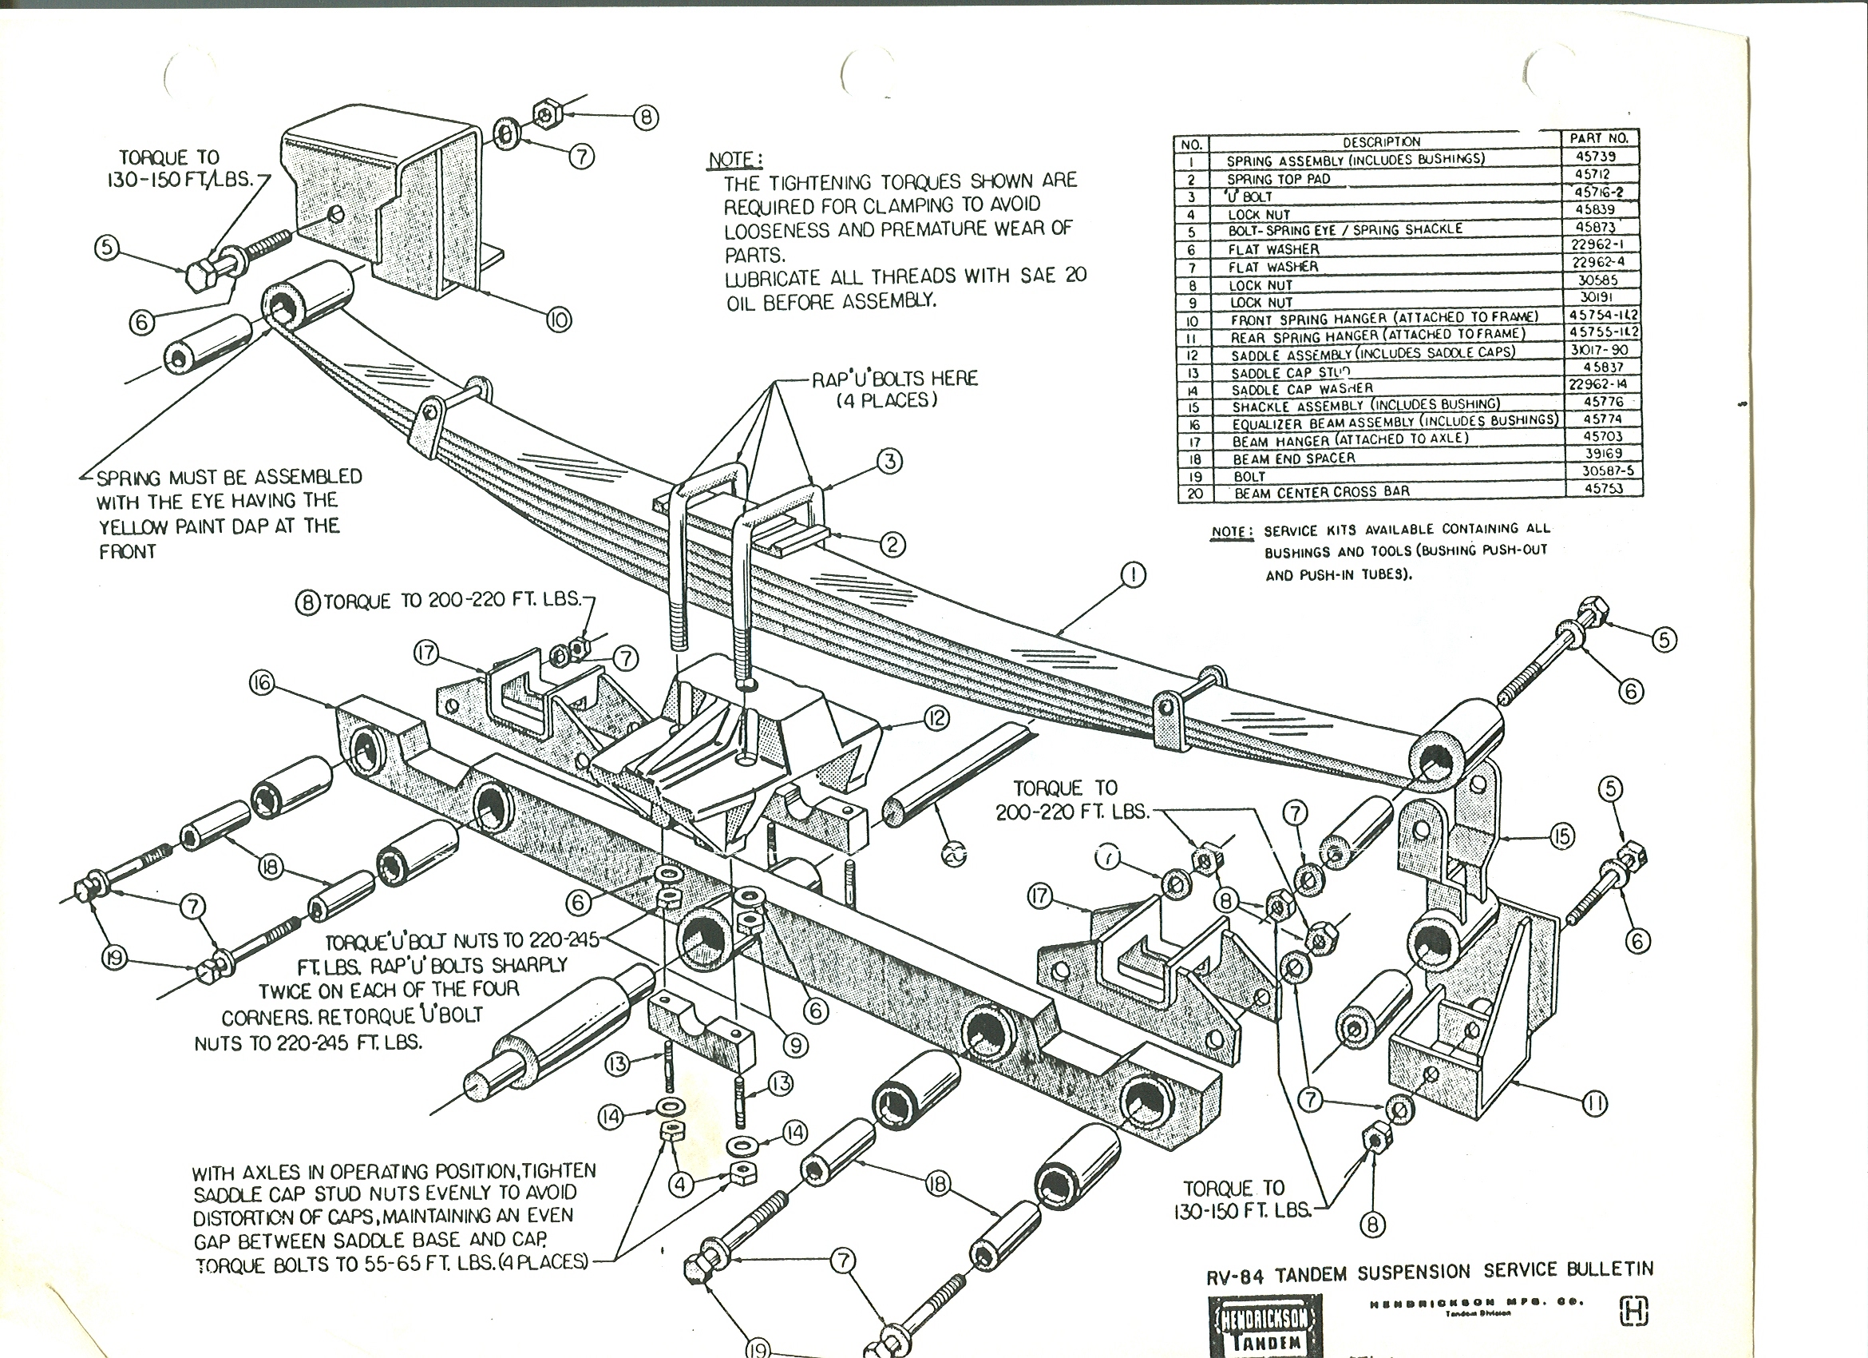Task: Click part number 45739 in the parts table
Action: [1594, 157]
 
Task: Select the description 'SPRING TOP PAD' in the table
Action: [1278, 179]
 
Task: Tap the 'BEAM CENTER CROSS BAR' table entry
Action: [1322, 492]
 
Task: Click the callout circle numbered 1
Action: [1134, 574]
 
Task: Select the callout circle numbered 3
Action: [889, 462]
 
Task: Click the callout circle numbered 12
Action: [936, 719]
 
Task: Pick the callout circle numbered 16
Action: [262, 684]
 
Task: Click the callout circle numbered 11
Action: [1595, 1103]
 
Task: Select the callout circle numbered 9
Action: [795, 1045]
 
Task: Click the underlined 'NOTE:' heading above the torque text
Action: [734, 159]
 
